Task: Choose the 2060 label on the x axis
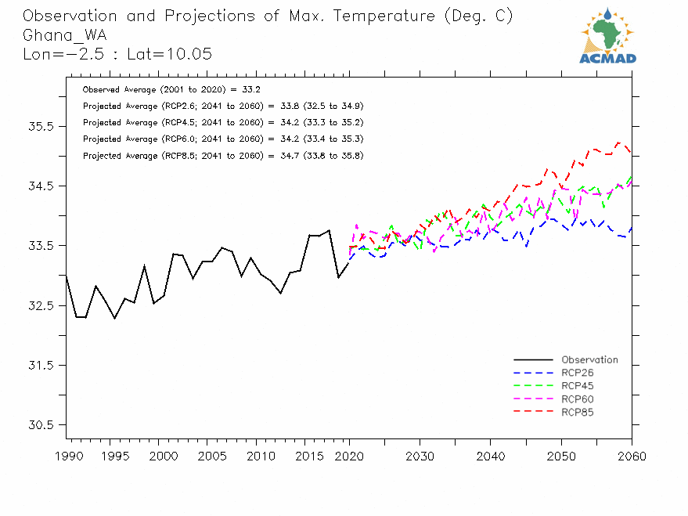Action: (x=631, y=456)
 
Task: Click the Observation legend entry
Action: (x=589, y=360)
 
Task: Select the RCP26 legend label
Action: (x=578, y=373)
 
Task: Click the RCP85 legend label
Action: (x=578, y=412)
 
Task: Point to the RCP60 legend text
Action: (x=578, y=399)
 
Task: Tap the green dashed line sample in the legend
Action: (x=533, y=386)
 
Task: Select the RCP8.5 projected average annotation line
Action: (x=222, y=156)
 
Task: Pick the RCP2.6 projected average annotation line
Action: (x=222, y=106)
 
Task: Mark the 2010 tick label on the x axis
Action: (x=255, y=456)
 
